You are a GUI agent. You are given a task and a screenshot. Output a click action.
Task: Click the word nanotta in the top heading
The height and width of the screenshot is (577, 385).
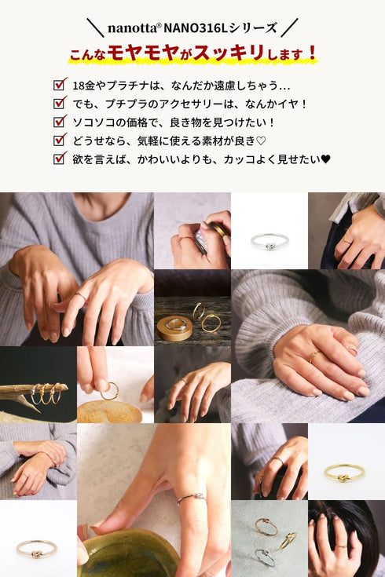click(132, 27)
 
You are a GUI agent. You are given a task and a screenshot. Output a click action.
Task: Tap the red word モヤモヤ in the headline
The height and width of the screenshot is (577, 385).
click(143, 53)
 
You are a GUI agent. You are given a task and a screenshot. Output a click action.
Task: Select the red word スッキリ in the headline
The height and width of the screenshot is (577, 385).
click(229, 53)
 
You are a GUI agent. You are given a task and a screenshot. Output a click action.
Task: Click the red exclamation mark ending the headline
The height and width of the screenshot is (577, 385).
click(313, 53)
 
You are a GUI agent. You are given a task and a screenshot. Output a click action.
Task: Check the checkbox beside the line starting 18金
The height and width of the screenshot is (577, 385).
click(60, 84)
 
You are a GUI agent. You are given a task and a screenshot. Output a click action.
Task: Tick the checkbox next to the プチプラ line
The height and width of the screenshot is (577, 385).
click(60, 103)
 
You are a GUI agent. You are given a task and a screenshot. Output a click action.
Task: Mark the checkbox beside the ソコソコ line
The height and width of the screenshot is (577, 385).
click(60, 121)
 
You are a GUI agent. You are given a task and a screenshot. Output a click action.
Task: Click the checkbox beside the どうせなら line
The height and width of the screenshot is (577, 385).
click(60, 140)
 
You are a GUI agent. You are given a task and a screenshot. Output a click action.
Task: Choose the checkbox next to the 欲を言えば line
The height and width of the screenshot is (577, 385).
click(60, 159)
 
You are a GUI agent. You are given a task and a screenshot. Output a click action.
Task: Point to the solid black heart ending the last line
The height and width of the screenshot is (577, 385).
click(326, 159)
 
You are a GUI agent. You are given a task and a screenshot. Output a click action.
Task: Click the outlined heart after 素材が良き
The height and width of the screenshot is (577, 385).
click(261, 141)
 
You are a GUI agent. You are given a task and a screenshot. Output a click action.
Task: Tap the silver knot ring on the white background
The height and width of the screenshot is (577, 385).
click(269, 242)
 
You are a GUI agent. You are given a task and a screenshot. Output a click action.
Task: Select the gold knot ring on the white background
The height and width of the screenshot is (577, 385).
click(344, 472)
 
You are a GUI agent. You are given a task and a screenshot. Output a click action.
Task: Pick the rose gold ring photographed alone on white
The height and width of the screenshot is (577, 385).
click(36, 549)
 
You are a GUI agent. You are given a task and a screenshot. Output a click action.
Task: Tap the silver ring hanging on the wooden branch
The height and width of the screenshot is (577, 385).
click(35, 394)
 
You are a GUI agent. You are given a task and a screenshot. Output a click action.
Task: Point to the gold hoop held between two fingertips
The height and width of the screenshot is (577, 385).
click(110, 391)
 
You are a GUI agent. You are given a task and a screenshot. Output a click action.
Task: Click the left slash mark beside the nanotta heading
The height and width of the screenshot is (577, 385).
click(95, 27)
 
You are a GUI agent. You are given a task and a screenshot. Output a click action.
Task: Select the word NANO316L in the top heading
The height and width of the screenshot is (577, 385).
click(195, 27)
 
